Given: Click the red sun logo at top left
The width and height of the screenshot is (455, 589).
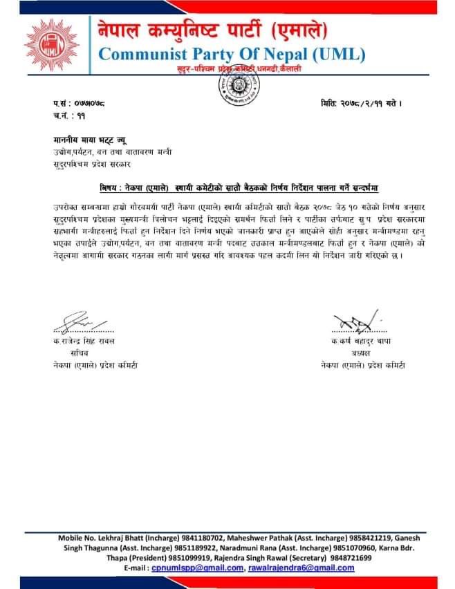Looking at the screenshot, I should pyautogui.click(x=53, y=47).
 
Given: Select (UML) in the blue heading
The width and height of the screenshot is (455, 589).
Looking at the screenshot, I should pyautogui.click(x=333, y=54).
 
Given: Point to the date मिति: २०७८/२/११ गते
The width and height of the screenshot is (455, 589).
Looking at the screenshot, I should pyautogui.click(x=360, y=104).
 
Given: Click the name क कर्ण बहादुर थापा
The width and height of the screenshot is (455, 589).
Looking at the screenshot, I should pyautogui.click(x=364, y=342).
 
